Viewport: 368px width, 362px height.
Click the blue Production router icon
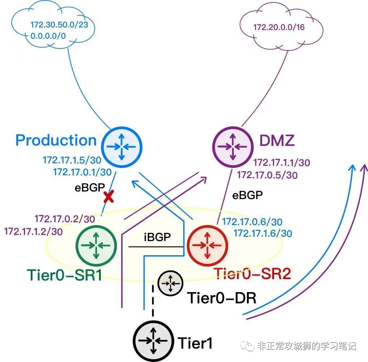123,146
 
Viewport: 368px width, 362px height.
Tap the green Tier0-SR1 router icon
96,245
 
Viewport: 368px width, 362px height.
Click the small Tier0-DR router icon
170,282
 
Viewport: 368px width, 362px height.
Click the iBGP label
157,238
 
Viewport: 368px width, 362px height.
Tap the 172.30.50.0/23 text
59,25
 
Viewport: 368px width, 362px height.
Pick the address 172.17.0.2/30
64,219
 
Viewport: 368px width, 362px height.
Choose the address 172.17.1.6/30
263,233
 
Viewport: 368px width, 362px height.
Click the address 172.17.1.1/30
281,163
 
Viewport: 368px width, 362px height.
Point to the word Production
56,140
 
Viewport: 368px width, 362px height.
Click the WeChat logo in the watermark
249,346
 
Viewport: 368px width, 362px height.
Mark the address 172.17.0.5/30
267,175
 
